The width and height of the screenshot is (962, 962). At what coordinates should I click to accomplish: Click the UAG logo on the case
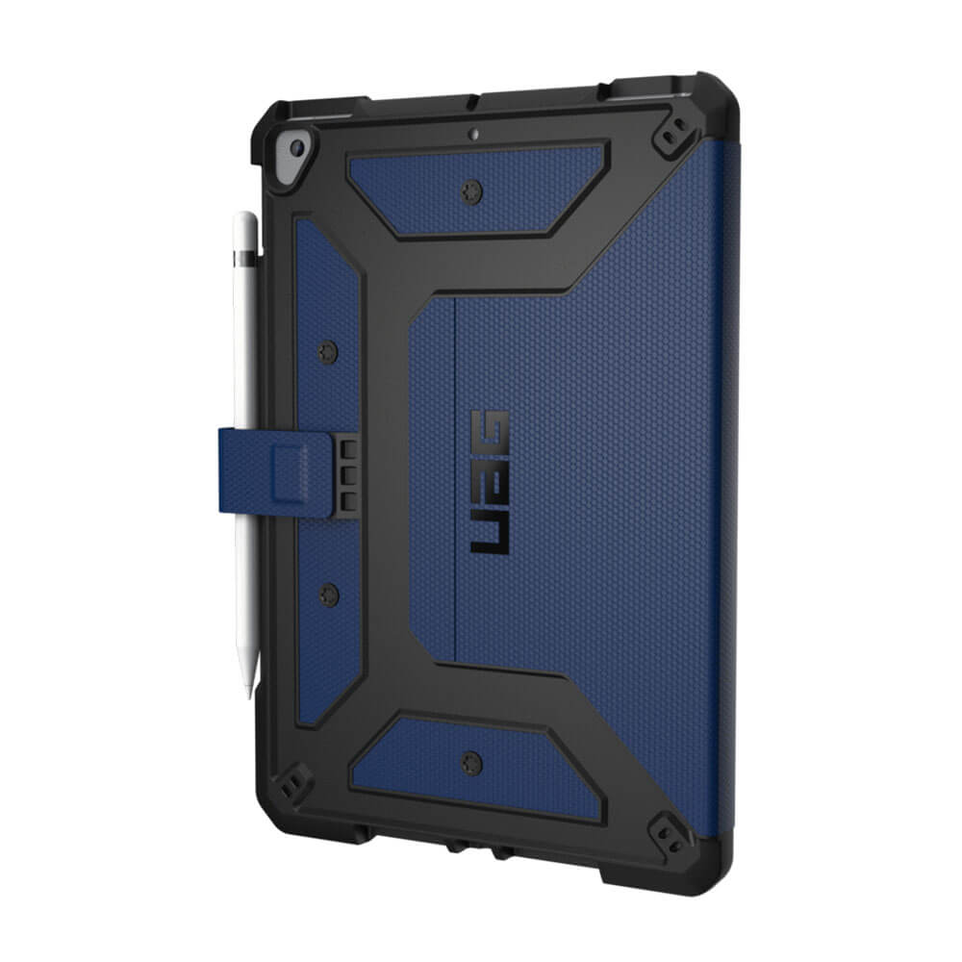tap(490, 483)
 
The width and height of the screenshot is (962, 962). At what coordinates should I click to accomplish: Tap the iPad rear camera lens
tap(297, 147)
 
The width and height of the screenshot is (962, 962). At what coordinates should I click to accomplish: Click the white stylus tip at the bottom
tap(249, 691)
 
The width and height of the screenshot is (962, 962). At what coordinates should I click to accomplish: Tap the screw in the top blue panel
tap(471, 191)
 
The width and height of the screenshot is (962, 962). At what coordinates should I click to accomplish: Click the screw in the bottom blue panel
tap(471, 763)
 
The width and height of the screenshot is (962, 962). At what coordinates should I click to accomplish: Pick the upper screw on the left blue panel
tap(328, 352)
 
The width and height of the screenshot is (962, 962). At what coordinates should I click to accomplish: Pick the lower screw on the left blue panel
tap(329, 595)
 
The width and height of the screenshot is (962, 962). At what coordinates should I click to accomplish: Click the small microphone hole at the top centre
tap(473, 133)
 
